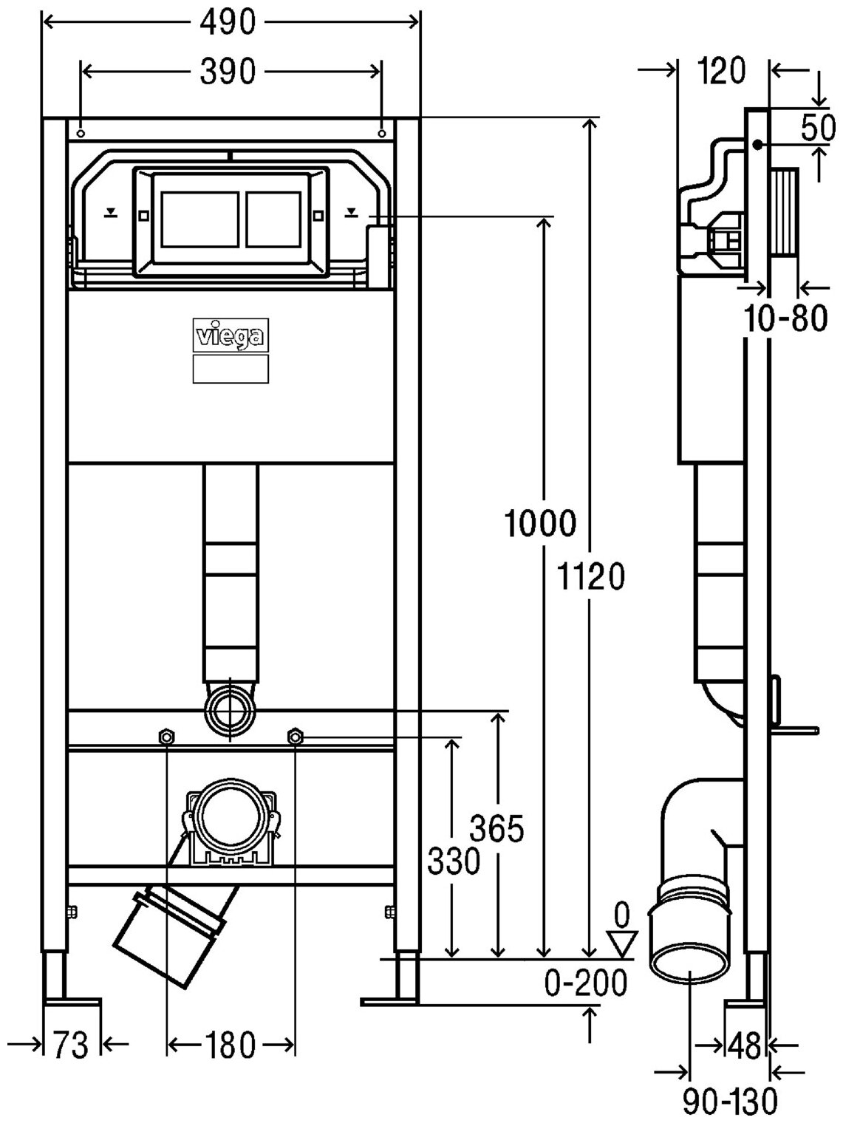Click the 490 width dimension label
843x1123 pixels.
(x=228, y=23)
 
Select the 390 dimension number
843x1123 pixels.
(x=228, y=72)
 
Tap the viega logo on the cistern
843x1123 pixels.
(x=231, y=336)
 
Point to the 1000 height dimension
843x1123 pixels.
(x=539, y=525)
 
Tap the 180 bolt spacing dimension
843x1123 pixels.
(x=231, y=1045)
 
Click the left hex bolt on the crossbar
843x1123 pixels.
(x=167, y=736)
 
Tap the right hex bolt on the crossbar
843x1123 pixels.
(x=295, y=736)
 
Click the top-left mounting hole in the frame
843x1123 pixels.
(x=81, y=134)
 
